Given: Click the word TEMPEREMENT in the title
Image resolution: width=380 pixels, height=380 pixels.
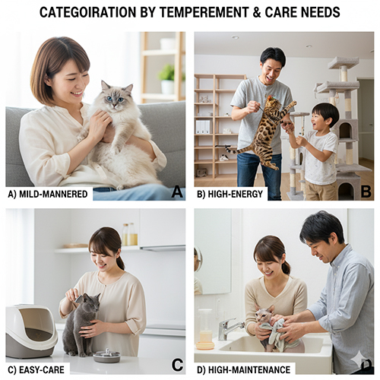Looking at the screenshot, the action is pyautogui.click(x=205, y=12).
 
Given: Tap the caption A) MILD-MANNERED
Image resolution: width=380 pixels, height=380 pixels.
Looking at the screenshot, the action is pyautogui.click(x=48, y=194).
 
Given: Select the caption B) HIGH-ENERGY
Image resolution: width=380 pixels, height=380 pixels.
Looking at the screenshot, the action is pyautogui.click(x=230, y=194).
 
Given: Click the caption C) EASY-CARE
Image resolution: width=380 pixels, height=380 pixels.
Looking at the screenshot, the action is pyautogui.click(x=36, y=370).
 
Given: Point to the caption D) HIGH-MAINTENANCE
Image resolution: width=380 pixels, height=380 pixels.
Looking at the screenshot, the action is pyautogui.click(x=244, y=370).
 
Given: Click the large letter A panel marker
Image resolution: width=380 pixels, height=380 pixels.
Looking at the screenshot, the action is pyautogui.click(x=177, y=192).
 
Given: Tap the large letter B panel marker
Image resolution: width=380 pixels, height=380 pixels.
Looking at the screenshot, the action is pyautogui.click(x=366, y=192).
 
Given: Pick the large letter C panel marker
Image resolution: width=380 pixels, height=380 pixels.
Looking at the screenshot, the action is pyautogui.click(x=177, y=365).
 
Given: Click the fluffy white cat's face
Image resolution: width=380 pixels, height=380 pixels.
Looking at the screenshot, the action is pyautogui.click(x=116, y=97).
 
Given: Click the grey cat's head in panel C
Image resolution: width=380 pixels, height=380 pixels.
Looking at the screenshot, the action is pyautogui.click(x=90, y=302).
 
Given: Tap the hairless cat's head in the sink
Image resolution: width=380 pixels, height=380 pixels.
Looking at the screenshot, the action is pyautogui.click(x=265, y=314).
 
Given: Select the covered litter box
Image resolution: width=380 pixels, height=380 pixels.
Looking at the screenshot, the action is pyautogui.click(x=31, y=331).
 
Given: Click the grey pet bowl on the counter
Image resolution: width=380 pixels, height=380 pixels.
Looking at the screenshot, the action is pyautogui.click(x=106, y=355).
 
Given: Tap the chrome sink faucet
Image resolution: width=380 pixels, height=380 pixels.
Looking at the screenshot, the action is pyautogui.click(x=230, y=328).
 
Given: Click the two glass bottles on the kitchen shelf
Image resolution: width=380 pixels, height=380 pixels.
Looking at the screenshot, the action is pyautogui.click(x=129, y=234).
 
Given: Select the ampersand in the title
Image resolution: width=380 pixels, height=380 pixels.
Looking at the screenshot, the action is pyautogui.click(x=257, y=12).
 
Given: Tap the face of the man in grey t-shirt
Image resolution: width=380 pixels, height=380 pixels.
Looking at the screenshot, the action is pyautogui.click(x=271, y=68).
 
